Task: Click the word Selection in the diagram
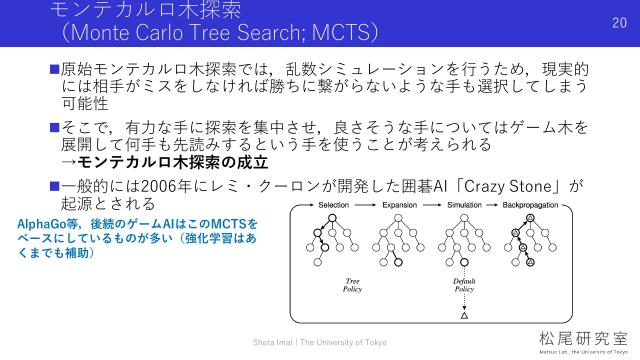pos(332,203)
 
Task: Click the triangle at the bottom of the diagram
pos(463,317)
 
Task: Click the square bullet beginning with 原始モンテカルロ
pos(55,68)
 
